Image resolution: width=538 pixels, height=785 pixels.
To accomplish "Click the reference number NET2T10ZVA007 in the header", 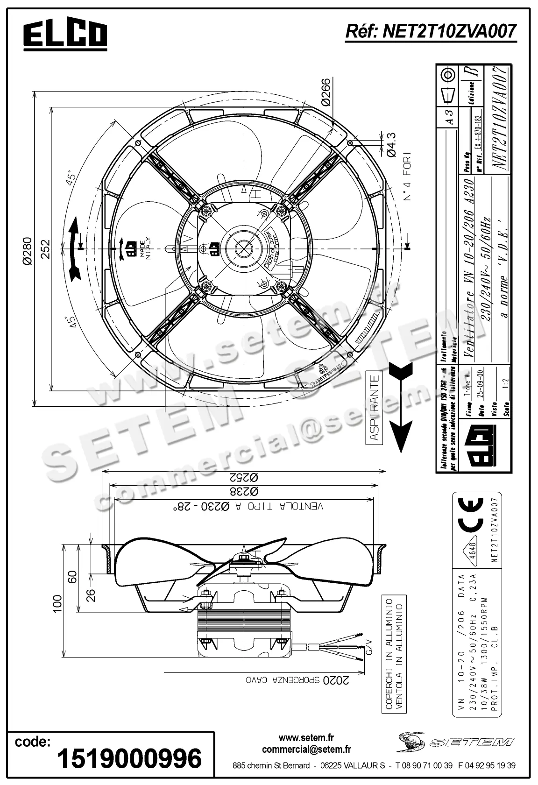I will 430,31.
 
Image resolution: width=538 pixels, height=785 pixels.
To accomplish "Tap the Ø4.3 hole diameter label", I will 391,144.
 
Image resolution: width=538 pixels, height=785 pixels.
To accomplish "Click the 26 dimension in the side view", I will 92,594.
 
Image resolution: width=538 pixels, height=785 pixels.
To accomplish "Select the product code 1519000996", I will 129,758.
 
